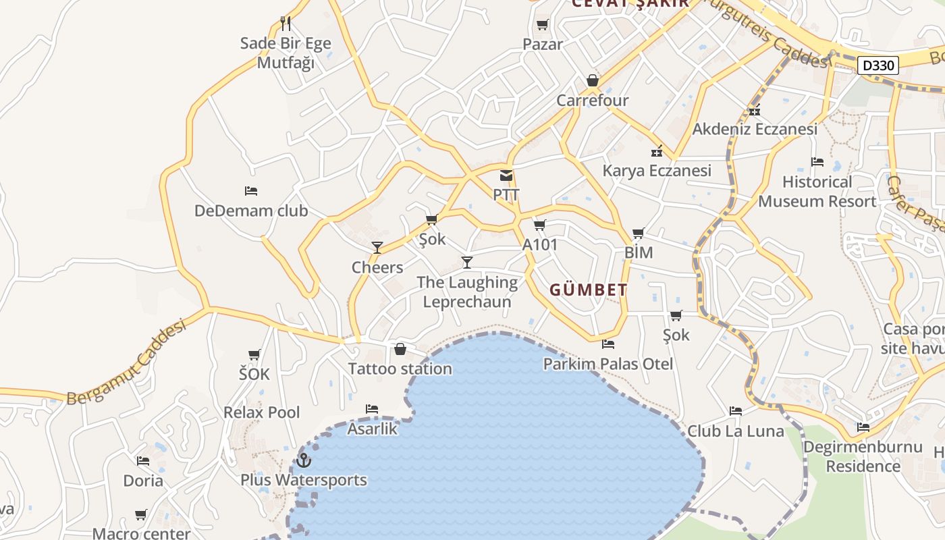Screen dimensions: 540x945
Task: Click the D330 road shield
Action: point(878,65)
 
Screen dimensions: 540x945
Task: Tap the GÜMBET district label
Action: point(588,290)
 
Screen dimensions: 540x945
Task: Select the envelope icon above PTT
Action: point(506,176)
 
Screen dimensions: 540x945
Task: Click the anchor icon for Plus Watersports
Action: point(304,460)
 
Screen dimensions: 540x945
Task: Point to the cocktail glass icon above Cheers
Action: point(377,248)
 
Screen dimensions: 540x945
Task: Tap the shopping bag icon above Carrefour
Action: point(593,81)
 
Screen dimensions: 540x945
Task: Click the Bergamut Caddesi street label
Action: point(127,364)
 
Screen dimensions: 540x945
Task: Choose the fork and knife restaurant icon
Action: point(286,24)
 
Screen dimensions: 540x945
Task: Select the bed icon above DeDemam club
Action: point(251,191)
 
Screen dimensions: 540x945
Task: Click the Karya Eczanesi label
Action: point(657,171)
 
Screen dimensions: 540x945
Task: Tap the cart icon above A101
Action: point(539,225)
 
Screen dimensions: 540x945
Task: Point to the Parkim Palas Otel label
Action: point(608,364)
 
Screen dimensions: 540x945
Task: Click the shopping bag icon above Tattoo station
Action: point(400,349)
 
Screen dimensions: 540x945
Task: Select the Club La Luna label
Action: point(736,431)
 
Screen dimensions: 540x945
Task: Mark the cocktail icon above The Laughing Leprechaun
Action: point(466,262)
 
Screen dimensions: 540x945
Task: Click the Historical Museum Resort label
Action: point(817,191)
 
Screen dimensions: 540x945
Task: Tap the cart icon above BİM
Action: point(638,234)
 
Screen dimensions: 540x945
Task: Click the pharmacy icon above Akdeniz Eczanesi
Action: point(755,110)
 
